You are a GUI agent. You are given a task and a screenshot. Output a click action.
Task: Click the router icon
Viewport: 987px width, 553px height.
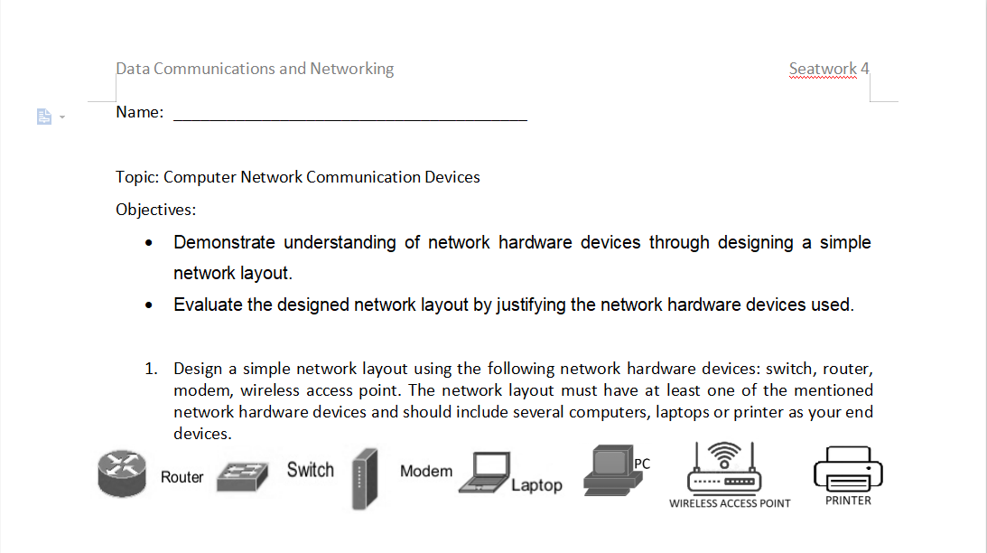(122, 473)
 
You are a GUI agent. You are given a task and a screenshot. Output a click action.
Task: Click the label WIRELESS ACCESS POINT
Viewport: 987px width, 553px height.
(730, 503)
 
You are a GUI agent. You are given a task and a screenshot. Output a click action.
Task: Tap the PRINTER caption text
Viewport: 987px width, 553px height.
(848, 501)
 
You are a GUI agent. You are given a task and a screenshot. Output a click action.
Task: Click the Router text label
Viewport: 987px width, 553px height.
(182, 477)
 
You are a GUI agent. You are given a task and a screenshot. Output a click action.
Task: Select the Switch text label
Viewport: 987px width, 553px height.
(310, 470)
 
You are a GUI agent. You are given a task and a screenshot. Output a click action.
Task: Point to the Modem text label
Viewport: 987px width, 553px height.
(426, 471)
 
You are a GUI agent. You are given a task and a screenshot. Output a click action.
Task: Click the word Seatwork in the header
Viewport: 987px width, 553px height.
(823, 69)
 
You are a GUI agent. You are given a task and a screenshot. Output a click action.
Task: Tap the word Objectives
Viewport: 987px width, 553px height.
(154, 210)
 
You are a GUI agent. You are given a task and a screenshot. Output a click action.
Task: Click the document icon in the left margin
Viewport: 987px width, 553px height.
(43, 117)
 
